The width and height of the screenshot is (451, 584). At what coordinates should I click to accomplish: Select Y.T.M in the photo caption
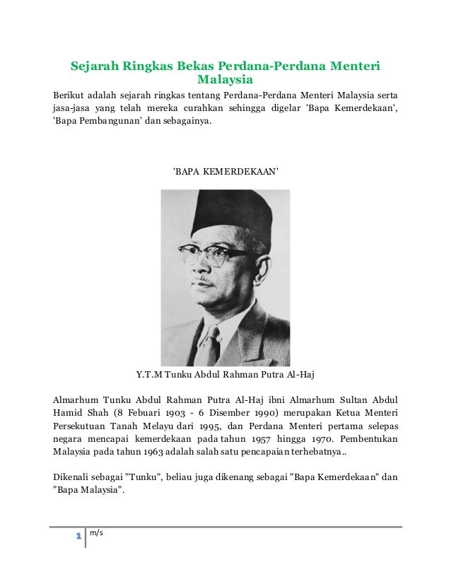[x=149, y=374]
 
